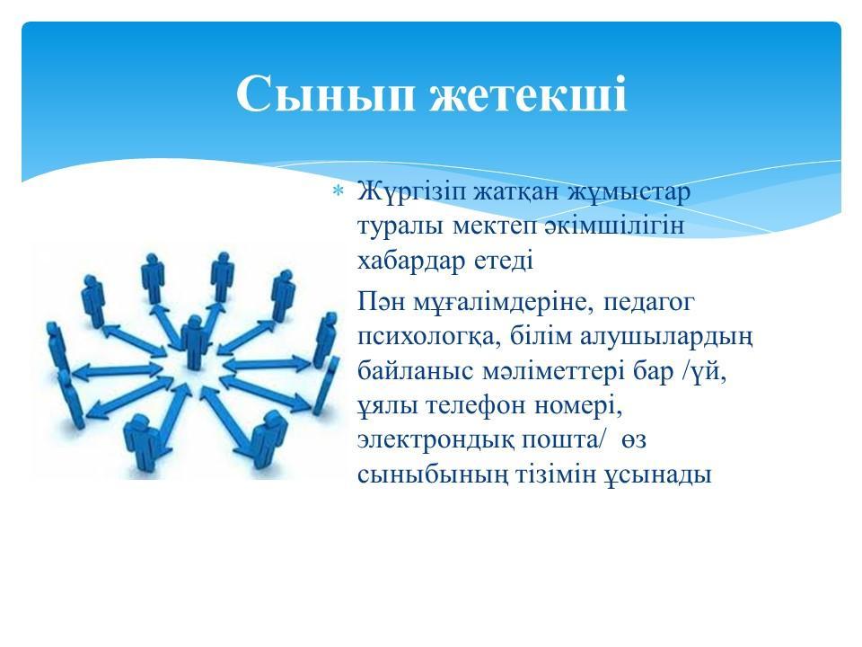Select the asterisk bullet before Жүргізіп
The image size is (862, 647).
click(338, 192)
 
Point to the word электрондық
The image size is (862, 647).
click(435, 441)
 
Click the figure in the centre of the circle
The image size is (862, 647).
click(195, 341)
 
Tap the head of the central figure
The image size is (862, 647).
click(195, 322)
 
